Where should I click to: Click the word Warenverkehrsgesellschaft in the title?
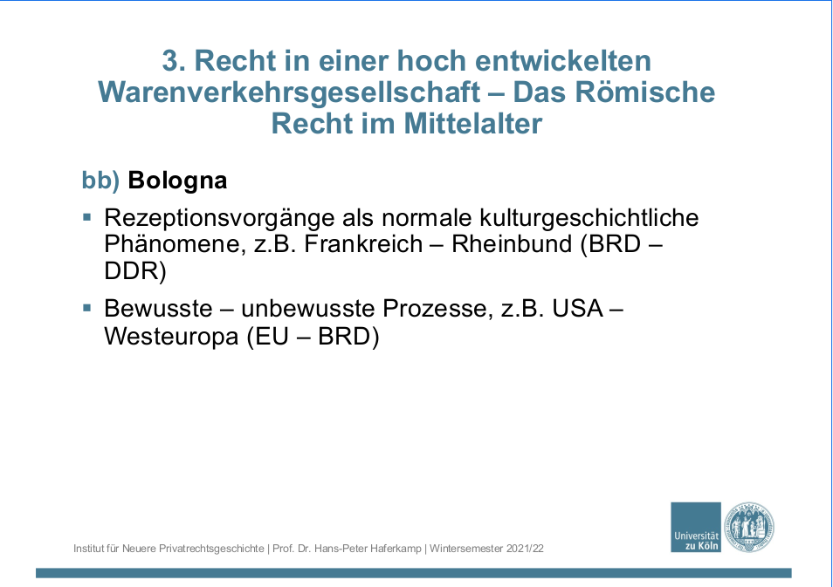(x=290, y=92)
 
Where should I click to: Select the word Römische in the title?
(x=645, y=92)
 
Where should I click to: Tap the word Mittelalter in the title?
(x=472, y=123)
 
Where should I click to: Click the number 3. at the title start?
(x=174, y=60)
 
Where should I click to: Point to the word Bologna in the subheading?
(x=177, y=181)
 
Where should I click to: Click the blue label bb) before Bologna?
(x=100, y=181)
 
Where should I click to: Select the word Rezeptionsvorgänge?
(x=219, y=218)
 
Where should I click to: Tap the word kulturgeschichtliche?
(x=589, y=217)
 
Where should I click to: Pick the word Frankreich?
(x=363, y=244)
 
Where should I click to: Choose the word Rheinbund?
(x=512, y=244)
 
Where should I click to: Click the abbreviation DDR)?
(x=135, y=270)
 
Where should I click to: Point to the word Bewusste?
(x=158, y=309)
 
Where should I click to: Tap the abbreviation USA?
(x=577, y=309)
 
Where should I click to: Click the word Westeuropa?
(x=171, y=336)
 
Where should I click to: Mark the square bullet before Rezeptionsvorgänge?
(x=87, y=216)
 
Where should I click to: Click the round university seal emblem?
(x=749, y=528)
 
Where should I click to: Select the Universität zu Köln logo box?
(x=696, y=527)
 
